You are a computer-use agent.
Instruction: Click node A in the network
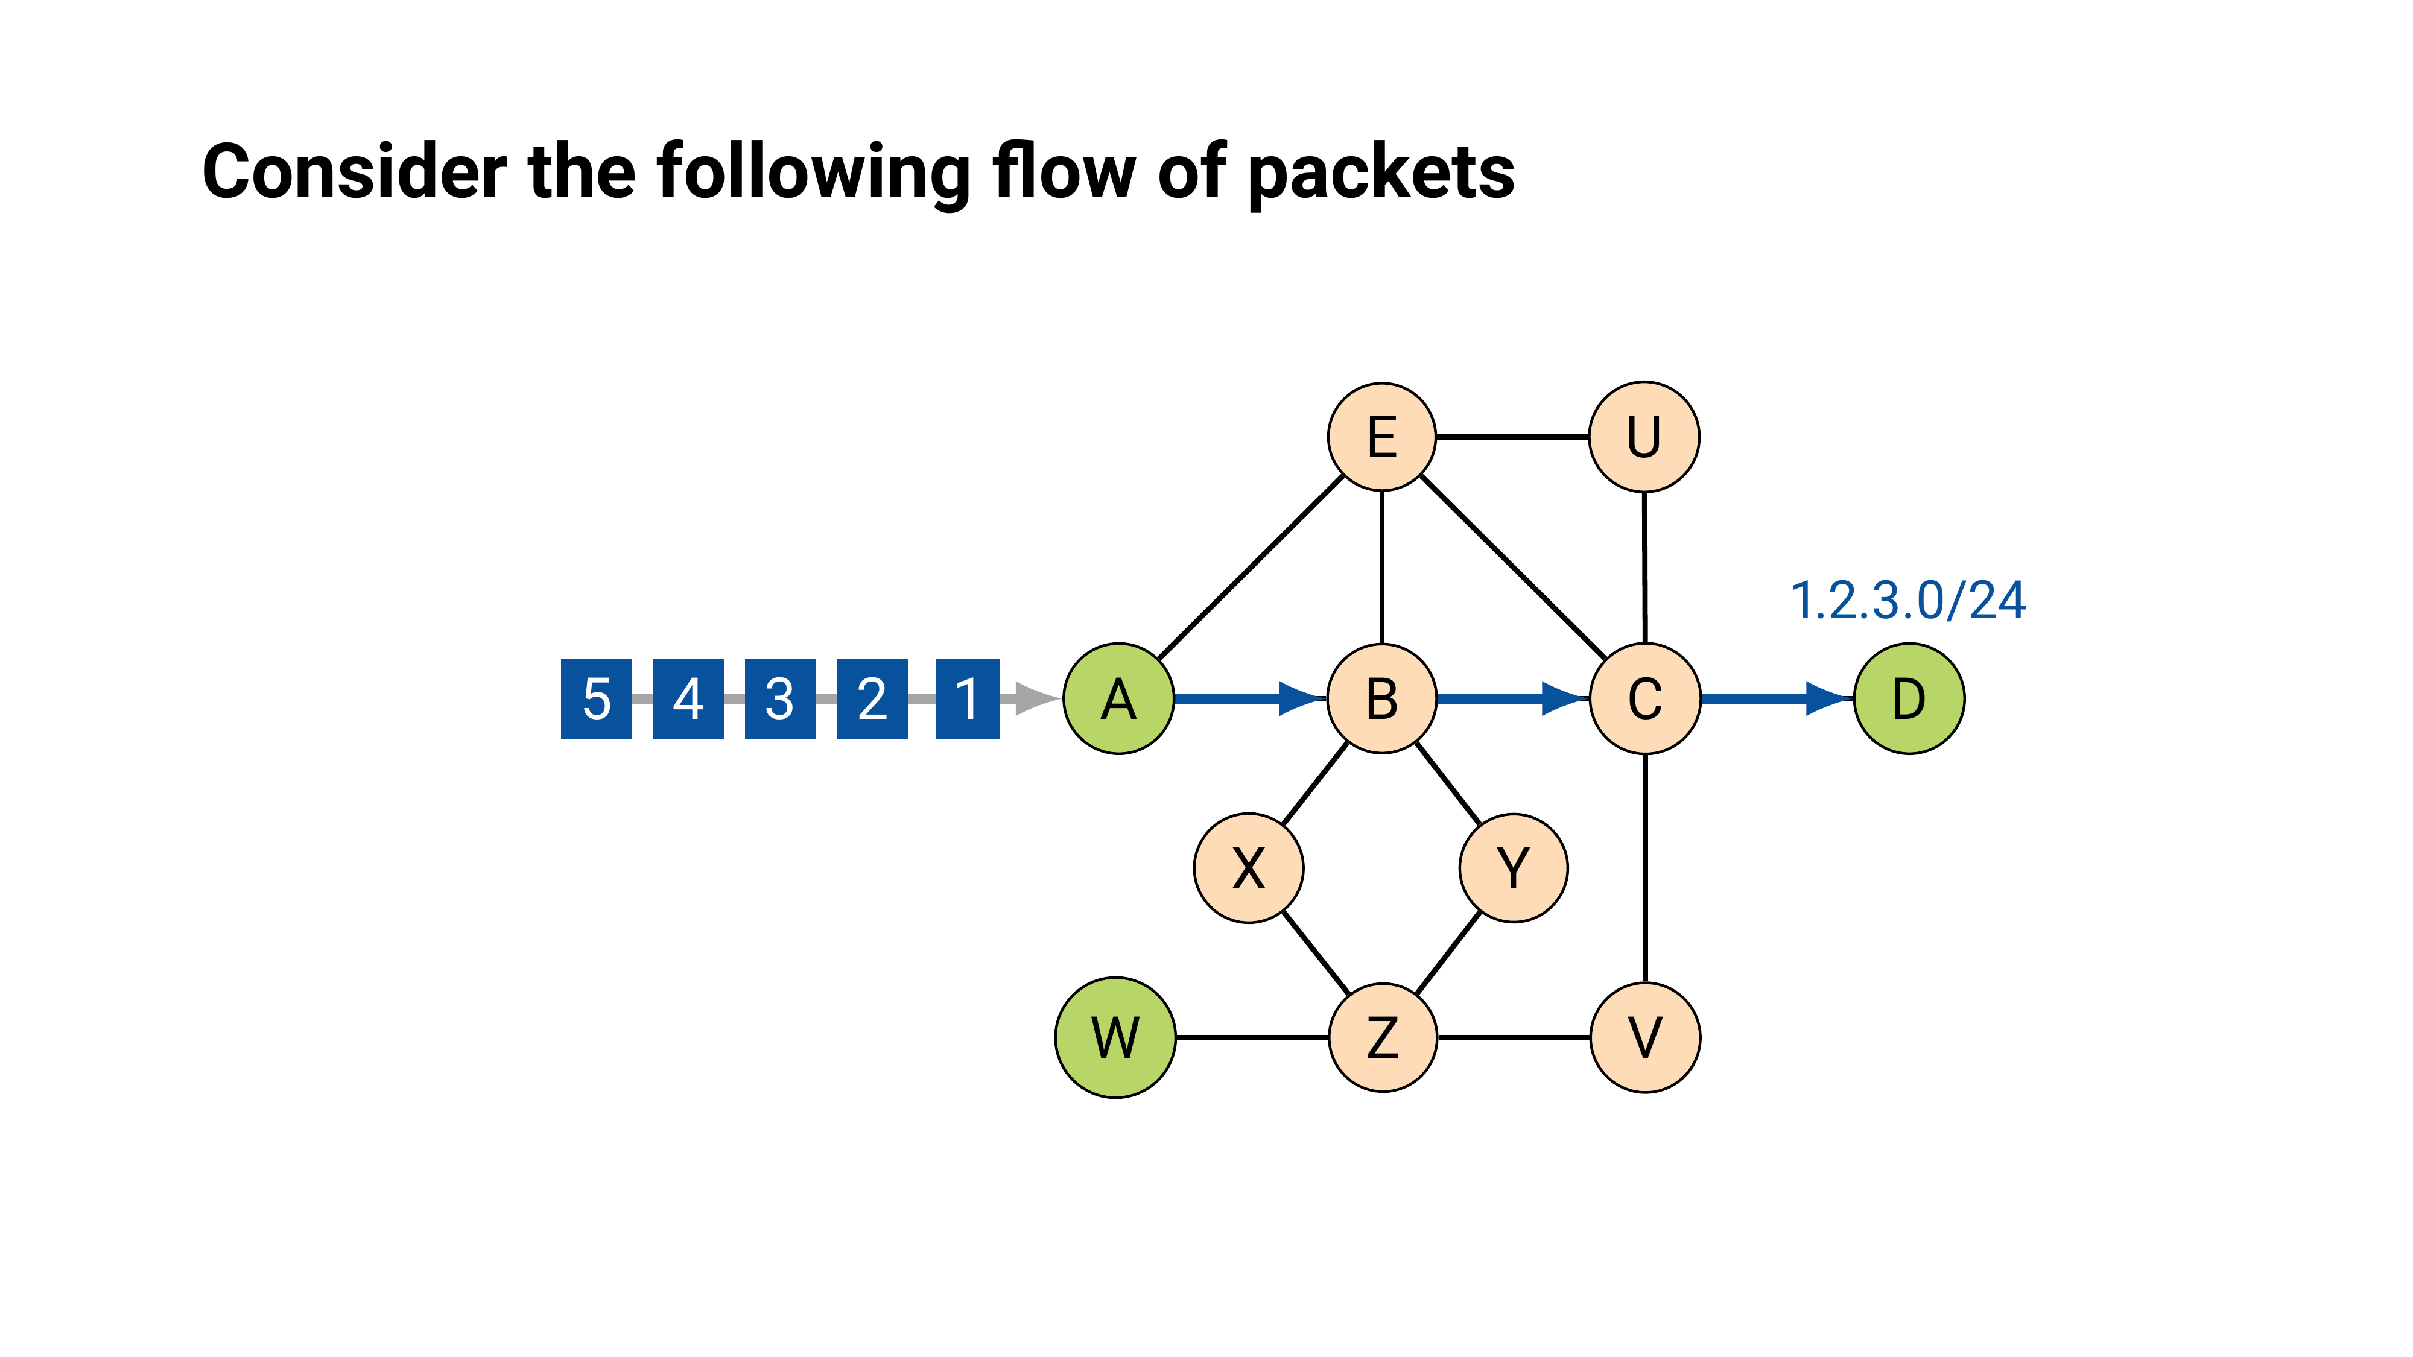click(x=1118, y=698)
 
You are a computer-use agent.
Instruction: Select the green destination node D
click(x=1909, y=698)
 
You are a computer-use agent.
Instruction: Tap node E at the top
click(x=1381, y=437)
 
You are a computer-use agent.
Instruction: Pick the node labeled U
click(x=1644, y=437)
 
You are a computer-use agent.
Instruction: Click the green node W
click(x=1115, y=1037)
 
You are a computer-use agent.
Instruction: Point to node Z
click(x=1383, y=1037)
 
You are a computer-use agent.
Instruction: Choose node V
click(x=1645, y=1037)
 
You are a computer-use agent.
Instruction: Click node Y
click(x=1513, y=868)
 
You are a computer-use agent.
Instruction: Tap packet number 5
click(x=597, y=698)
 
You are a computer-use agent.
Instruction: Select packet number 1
click(x=968, y=698)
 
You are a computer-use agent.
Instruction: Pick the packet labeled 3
click(x=779, y=698)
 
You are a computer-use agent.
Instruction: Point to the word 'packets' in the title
click(x=1381, y=172)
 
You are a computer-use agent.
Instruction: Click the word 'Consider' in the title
click(x=354, y=172)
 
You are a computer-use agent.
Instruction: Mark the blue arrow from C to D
click(x=1776, y=698)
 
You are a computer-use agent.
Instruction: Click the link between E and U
click(x=1512, y=437)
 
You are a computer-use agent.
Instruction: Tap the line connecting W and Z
click(x=1252, y=1037)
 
